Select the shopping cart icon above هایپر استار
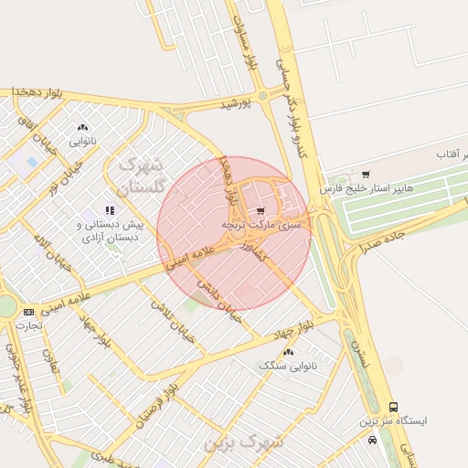tap(367, 174)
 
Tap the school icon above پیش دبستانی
tap(111, 209)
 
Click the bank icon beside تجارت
tap(29, 313)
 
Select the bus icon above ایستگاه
tap(393, 407)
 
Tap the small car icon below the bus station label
tap(372, 440)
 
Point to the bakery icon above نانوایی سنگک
tap(289, 352)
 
